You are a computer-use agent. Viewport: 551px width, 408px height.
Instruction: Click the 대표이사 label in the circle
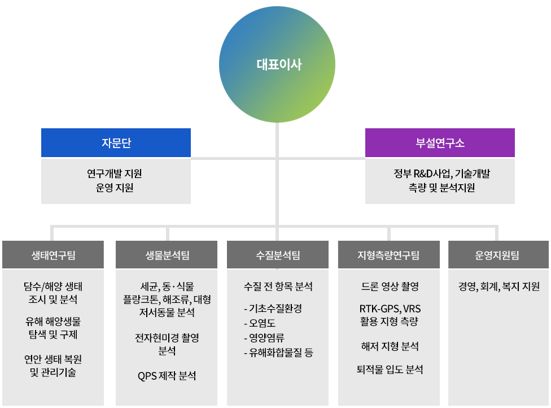pyautogui.click(x=279, y=65)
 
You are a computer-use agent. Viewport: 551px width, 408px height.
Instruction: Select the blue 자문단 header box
pyautogui.click(x=116, y=142)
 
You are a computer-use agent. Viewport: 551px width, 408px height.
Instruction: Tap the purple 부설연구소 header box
pyautogui.click(x=440, y=142)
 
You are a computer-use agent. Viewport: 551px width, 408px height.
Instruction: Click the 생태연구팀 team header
pyautogui.click(x=53, y=255)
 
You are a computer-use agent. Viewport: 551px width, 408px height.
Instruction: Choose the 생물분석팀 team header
pyautogui.click(x=167, y=255)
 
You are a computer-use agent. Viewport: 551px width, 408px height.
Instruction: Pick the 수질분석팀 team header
pyautogui.click(x=278, y=255)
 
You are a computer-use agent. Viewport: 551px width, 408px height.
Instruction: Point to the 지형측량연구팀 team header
pyautogui.click(x=388, y=255)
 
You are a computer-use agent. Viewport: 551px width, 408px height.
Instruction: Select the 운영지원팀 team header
pyautogui.click(x=498, y=255)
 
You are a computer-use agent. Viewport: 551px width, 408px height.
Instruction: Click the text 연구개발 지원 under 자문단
pyautogui.click(x=115, y=173)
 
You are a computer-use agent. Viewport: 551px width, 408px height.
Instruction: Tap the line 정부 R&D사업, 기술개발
pyautogui.click(x=441, y=173)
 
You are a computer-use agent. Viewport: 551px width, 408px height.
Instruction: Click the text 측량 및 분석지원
pyautogui.click(x=441, y=188)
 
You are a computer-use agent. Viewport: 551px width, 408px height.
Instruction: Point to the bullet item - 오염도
pyautogui.click(x=260, y=323)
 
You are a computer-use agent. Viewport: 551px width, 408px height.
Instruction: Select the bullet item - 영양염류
pyautogui.click(x=264, y=338)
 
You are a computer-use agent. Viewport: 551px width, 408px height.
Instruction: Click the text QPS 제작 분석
pyautogui.click(x=167, y=376)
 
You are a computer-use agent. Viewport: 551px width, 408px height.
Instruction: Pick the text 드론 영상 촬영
pyautogui.click(x=390, y=287)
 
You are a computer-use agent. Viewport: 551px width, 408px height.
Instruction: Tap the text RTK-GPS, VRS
pyautogui.click(x=390, y=309)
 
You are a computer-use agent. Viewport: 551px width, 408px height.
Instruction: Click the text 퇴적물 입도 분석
pyautogui.click(x=390, y=370)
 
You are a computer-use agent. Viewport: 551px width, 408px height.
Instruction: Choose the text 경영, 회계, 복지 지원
pyautogui.click(x=499, y=287)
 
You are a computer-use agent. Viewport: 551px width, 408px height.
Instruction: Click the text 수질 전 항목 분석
pyautogui.click(x=278, y=287)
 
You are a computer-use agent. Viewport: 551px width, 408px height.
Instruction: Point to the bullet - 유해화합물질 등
pyautogui.click(x=279, y=353)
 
